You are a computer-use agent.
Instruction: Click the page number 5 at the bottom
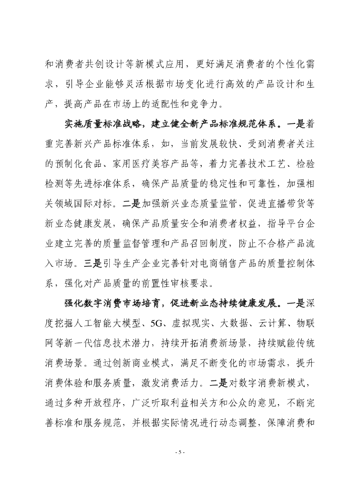pyautogui.click(x=180, y=452)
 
